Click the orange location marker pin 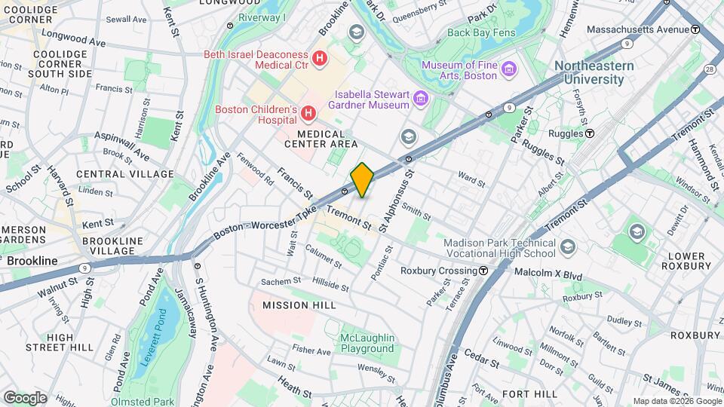[x=362, y=179]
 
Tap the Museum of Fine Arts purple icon [x=510, y=69]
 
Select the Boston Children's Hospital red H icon [x=308, y=114]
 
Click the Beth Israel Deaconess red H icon [x=321, y=57]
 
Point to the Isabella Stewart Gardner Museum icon [x=421, y=99]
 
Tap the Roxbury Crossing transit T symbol [x=483, y=271]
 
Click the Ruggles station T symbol [x=590, y=133]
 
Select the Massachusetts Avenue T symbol [x=695, y=29]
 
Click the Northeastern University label [x=594, y=72]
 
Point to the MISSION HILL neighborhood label [x=295, y=305]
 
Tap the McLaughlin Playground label [x=367, y=343]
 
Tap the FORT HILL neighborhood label [x=529, y=394]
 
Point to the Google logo [x=25, y=398]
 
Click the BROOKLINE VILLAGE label [x=112, y=246]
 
